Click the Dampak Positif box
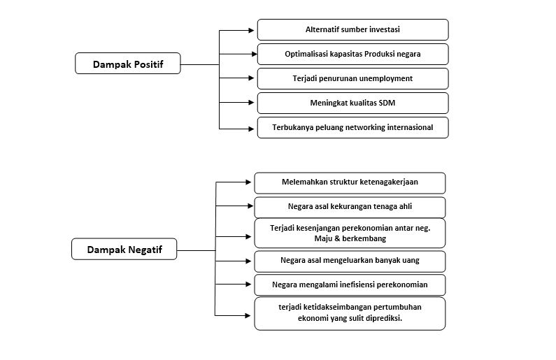(x=128, y=64)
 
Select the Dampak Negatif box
(x=124, y=249)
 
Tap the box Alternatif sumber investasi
(x=352, y=30)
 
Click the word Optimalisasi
(x=306, y=54)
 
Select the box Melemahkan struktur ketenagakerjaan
(x=350, y=183)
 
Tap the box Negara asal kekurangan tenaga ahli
(x=350, y=208)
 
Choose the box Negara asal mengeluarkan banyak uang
(x=350, y=261)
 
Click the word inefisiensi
(x=357, y=285)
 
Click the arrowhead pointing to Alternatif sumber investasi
(x=251, y=31)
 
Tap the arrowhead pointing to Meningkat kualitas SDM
(x=251, y=102)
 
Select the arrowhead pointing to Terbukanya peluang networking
(x=251, y=129)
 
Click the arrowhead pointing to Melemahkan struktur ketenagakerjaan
(x=248, y=182)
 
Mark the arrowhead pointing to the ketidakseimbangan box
(x=248, y=315)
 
